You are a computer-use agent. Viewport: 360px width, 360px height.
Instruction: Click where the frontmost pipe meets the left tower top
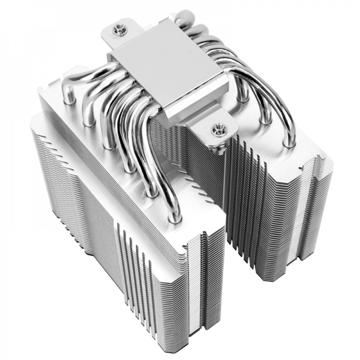coord(175,218)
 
